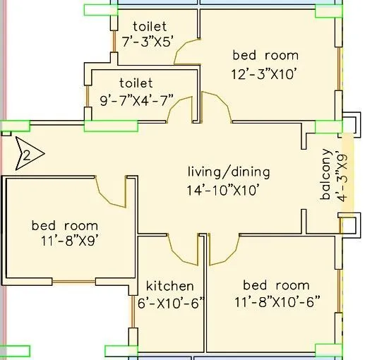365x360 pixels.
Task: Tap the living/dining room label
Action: [229, 172]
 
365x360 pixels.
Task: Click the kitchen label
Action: [169, 286]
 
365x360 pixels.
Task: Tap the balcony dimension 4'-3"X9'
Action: [342, 178]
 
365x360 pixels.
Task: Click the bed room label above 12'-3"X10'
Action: [265, 55]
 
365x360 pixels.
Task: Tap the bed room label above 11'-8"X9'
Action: [64, 226]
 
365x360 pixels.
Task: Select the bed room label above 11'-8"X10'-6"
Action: [276, 285]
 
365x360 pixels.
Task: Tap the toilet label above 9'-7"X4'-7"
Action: [136, 83]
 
